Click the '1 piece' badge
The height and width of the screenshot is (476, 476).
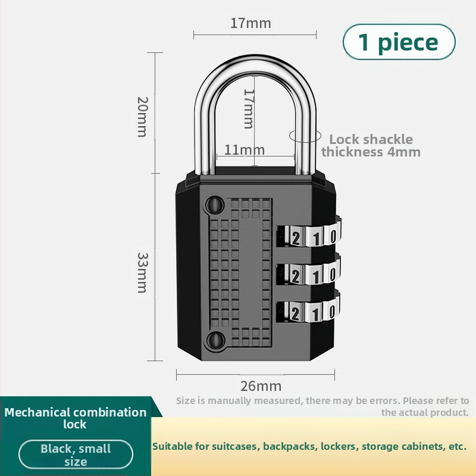tap(399, 42)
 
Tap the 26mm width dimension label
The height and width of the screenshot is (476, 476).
tap(261, 386)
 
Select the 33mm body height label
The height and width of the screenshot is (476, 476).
tap(142, 272)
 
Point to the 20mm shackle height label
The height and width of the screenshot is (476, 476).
tap(142, 116)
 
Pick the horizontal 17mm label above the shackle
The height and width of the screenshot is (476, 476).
tap(250, 23)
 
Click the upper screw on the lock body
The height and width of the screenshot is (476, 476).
tap(213, 205)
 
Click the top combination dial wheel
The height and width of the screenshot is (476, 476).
tap(309, 236)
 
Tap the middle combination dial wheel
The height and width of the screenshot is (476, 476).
tap(309, 274)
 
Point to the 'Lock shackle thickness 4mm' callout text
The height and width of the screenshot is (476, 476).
tap(371, 145)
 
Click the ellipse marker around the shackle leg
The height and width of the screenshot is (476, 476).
tap(303, 136)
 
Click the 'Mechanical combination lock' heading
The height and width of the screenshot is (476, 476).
tap(76, 418)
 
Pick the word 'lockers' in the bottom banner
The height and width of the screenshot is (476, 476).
tap(339, 446)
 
